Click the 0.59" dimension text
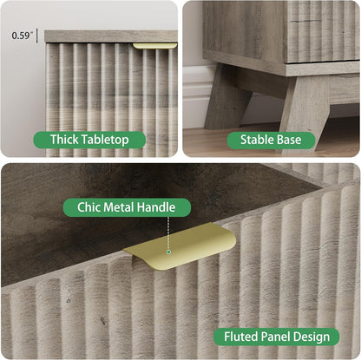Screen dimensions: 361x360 click(x=23, y=36)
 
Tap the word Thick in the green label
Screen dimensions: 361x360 click(x=64, y=140)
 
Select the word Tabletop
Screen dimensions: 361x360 click(x=105, y=140)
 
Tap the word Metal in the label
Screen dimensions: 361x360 click(x=119, y=207)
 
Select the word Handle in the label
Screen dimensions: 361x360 click(x=156, y=207)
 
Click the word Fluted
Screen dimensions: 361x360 click(x=241, y=337)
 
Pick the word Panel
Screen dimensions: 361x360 click(x=276, y=337)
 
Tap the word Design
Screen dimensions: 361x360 click(x=312, y=337)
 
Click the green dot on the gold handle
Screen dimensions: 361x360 click(x=168, y=252)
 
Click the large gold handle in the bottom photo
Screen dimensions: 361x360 click(x=180, y=246)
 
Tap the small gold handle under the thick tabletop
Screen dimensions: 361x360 click(x=154, y=46)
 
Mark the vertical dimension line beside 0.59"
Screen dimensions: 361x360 click(x=37, y=36)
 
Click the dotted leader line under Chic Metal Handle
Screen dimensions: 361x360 click(x=168, y=233)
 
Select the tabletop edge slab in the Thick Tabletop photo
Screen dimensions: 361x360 click(x=111, y=36)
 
